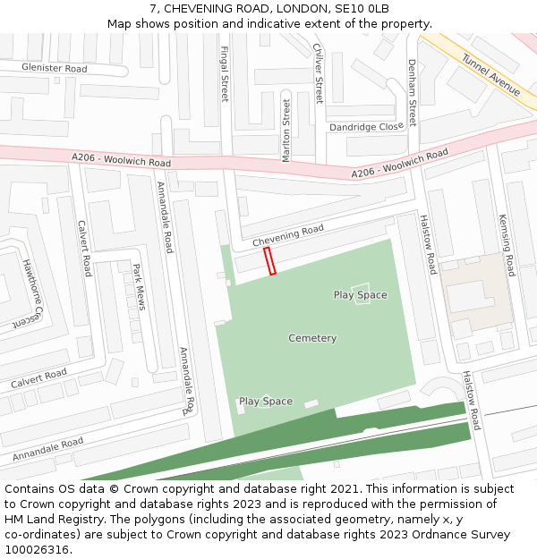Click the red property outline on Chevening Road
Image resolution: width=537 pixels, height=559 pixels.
coord(269,261)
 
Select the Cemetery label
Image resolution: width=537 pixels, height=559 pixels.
coord(312,338)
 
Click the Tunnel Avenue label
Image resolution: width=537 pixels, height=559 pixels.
coord(490,75)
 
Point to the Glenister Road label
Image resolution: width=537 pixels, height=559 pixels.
coord(55,68)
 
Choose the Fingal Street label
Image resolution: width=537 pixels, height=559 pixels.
coord(225,73)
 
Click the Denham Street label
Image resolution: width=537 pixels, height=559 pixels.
coord(412,92)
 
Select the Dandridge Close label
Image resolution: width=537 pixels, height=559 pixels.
coord(366,127)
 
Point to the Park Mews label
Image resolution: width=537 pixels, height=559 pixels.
coord(138,287)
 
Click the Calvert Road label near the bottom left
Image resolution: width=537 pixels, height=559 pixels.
coord(38,378)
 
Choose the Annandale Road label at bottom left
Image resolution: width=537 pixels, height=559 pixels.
coord(47,448)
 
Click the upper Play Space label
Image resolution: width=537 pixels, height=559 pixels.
coord(360,295)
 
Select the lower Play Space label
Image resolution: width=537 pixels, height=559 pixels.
coord(265,402)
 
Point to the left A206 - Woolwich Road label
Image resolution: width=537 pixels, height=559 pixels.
coord(121,160)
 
